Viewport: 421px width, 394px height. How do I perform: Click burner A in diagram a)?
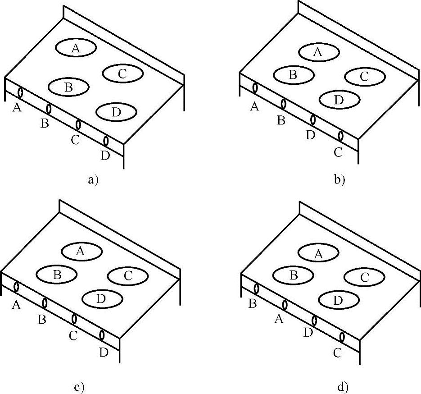(76, 48)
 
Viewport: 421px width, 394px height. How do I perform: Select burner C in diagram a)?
(123, 73)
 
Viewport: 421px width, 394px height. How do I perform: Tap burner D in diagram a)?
(117, 112)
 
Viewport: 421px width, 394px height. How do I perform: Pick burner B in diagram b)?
(294, 74)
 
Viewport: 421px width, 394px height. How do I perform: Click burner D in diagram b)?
(340, 99)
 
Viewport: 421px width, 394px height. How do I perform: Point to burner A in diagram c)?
(81, 251)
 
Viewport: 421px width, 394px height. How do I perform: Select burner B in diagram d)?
(294, 275)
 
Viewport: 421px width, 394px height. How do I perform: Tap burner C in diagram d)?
(364, 276)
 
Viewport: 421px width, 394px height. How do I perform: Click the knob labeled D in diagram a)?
(106, 141)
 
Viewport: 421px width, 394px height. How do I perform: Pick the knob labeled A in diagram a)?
(21, 92)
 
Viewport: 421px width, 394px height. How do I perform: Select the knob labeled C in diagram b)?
(341, 135)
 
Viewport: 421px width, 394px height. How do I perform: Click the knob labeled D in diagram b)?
(313, 120)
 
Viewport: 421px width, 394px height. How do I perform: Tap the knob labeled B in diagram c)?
(45, 302)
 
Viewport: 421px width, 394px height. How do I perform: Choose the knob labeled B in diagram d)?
(257, 289)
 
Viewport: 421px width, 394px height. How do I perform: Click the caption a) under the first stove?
(93, 180)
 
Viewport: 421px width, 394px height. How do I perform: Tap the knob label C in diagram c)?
(74, 336)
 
